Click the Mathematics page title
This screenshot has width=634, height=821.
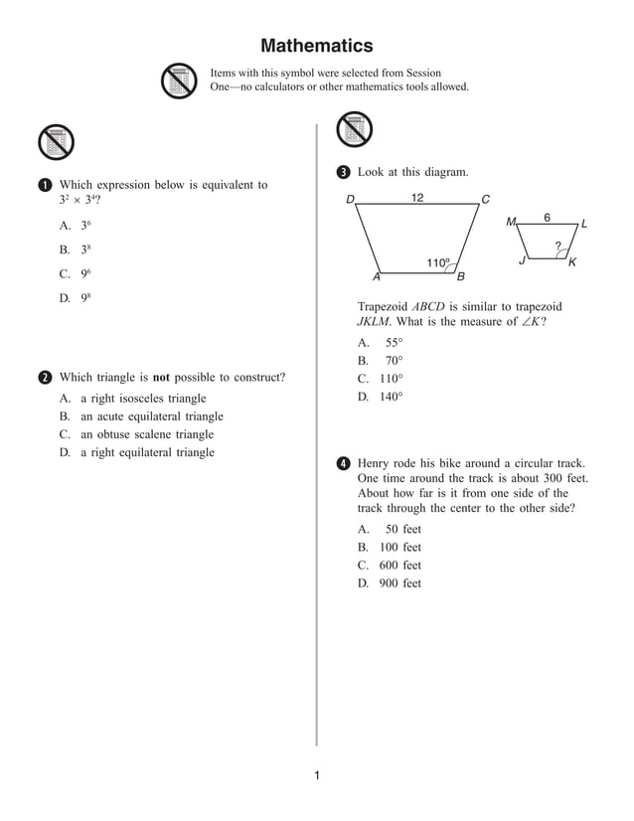tap(316, 46)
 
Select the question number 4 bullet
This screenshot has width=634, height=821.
tap(343, 464)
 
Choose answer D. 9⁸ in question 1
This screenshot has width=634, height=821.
tap(76, 298)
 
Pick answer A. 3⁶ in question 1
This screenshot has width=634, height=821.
tap(76, 227)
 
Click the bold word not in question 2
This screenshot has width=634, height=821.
tap(161, 378)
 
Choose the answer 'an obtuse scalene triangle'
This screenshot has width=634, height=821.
tap(146, 434)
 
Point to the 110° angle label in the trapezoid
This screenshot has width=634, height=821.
tap(437, 262)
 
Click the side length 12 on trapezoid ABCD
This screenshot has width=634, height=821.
tap(417, 198)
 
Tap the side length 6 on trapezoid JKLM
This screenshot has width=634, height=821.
tap(547, 217)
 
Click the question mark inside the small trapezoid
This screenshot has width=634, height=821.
tap(557, 245)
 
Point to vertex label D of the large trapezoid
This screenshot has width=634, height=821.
tap(350, 200)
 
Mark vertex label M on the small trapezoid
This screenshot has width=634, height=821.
tap(511, 223)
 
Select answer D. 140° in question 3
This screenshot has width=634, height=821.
tap(381, 397)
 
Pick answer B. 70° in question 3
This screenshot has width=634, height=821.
tap(381, 361)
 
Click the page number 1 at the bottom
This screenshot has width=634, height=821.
tap(316, 775)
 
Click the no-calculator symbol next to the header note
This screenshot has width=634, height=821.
tap(179, 81)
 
